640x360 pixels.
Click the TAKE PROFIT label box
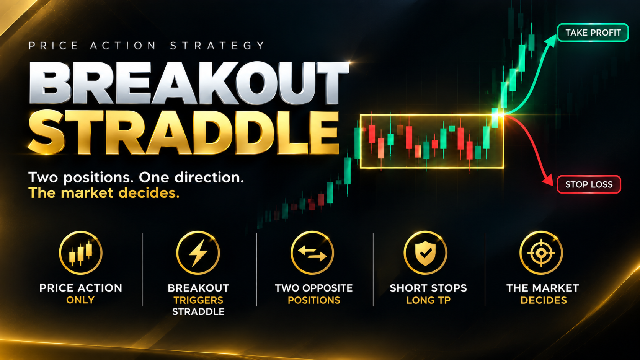pos(593,33)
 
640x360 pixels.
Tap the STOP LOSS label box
pos(589,184)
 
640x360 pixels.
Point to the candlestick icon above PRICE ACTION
pos(80,252)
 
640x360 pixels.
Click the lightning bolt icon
pos(198,252)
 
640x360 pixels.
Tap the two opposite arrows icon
pos(312,252)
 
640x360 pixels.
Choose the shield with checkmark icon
pos(425,252)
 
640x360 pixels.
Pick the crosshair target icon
pos(541,252)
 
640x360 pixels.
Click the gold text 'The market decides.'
pos(104,193)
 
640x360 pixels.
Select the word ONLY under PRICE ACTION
pos(80,300)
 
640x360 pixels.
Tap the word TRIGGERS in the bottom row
pos(198,300)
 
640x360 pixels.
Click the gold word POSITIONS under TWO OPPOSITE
pos(314,300)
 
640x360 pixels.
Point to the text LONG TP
pos(428,300)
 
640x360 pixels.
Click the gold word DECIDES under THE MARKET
pos(544,300)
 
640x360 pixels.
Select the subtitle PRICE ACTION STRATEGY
pos(147,46)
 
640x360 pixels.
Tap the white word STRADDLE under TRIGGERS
pos(198,311)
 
